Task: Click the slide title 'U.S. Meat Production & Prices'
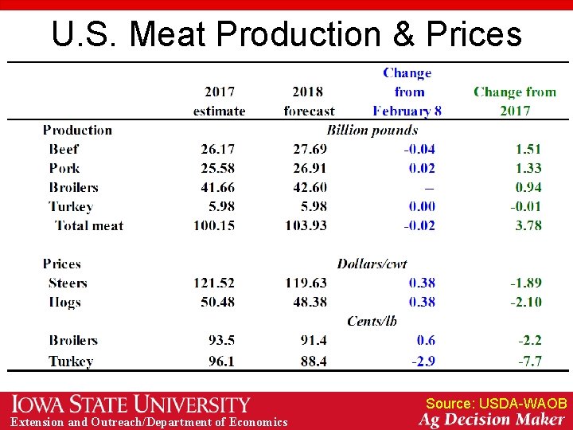[x=286, y=34]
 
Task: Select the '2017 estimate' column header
[x=219, y=101]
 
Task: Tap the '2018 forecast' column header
[x=309, y=101]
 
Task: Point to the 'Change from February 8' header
[x=407, y=92]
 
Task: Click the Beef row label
[x=64, y=149]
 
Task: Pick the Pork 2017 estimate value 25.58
[x=217, y=168]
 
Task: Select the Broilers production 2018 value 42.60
[x=309, y=187]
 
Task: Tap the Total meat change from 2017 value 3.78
[x=528, y=225]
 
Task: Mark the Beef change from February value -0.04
[x=419, y=149]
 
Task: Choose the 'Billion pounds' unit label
[x=372, y=130]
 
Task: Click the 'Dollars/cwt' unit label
[x=372, y=264]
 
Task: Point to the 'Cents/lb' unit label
[x=372, y=321]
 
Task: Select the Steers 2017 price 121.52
[x=214, y=283]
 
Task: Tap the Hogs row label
[x=64, y=302]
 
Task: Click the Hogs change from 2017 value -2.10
[x=525, y=302]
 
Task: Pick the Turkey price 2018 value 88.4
[x=313, y=361]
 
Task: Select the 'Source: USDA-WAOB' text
[x=496, y=404]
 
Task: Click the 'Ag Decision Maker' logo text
[x=493, y=420]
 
